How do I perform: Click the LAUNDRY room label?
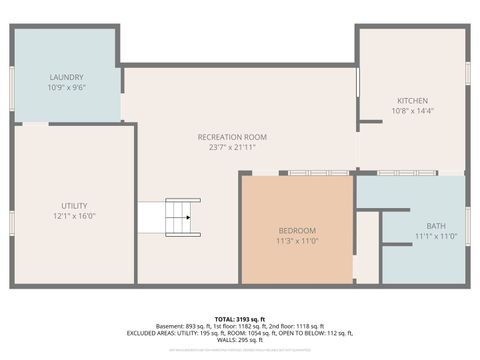(x=67, y=77)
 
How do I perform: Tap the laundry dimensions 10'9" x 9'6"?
(x=67, y=87)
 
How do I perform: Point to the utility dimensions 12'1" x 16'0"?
(x=74, y=215)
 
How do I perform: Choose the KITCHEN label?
(x=412, y=101)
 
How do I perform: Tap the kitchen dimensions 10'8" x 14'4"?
(x=412, y=111)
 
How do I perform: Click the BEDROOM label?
(x=296, y=230)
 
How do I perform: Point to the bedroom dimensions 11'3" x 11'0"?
(x=296, y=241)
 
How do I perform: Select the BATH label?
(x=436, y=225)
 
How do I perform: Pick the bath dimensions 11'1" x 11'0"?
(x=436, y=236)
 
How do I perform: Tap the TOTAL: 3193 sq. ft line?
(x=240, y=318)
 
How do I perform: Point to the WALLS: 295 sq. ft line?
(x=240, y=341)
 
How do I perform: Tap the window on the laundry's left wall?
(x=12, y=78)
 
